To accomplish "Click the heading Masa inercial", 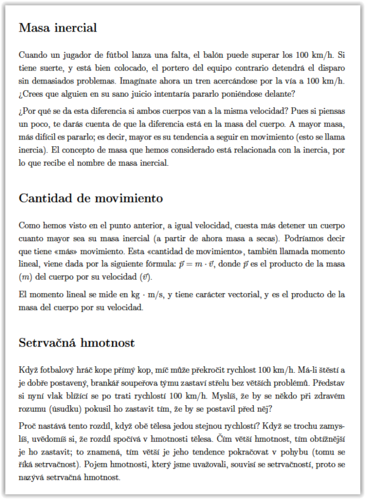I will [58, 28].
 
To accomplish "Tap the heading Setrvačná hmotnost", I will [77, 342].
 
